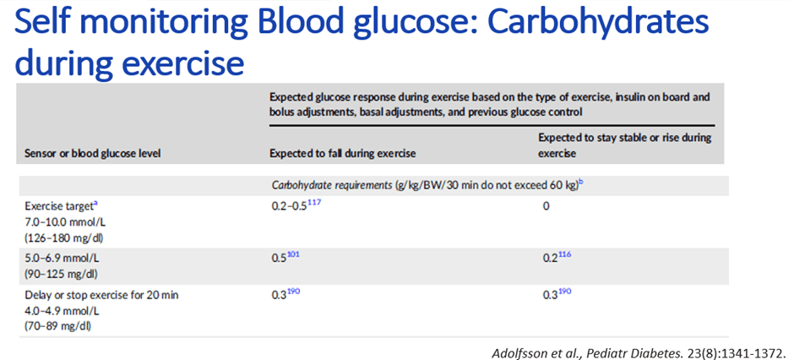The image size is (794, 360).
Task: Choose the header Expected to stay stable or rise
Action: tap(624, 145)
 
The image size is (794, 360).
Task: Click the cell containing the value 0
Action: tap(546, 206)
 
